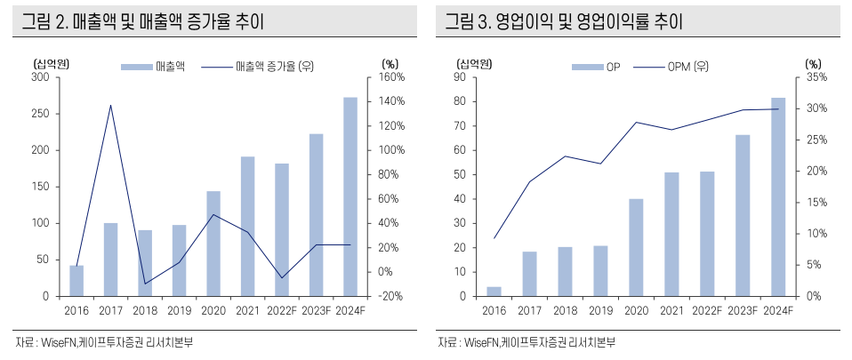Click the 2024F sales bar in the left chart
point(350,196)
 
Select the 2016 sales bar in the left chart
point(76,280)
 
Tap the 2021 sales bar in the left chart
point(247,226)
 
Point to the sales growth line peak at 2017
point(110,105)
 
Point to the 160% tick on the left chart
point(392,77)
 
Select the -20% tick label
point(391,296)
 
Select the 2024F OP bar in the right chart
point(778,196)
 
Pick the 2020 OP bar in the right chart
point(636,247)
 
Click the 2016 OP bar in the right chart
point(494,291)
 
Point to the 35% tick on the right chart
point(816,77)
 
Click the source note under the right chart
point(526,342)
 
